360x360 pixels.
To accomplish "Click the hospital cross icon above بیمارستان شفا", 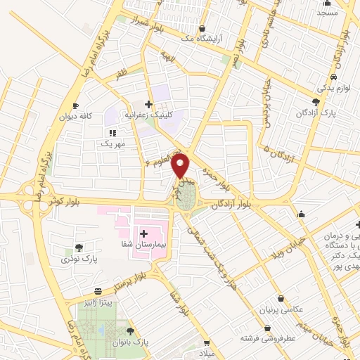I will pyautogui.click(x=143, y=233).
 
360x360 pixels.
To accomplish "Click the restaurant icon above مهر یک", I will pyautogui.click(x=111, y=132).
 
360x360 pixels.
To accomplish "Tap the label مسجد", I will pyautogui.click(x=327, y=13).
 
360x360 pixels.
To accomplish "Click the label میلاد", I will pyautogui.click(x=212, y=352).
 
